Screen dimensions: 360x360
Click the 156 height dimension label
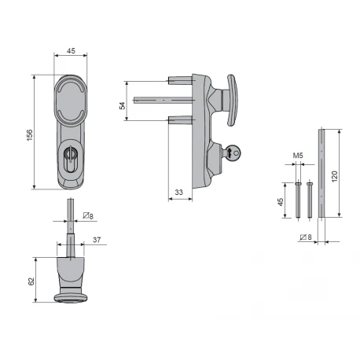tap(30, 135)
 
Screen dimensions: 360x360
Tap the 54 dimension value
tap(123, 105)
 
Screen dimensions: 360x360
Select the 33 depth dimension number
tap(178, 193)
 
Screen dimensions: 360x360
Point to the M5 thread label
tap(298, 156)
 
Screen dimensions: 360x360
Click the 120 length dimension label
tap(335, 177)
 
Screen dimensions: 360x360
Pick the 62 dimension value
tap(31, 281)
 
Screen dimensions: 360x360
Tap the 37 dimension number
tap(97, 240)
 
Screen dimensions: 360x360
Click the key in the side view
tap(233, 152)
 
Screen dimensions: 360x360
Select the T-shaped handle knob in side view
tap(231, 101)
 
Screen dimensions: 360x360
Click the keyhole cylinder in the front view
tap(69, 160)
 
